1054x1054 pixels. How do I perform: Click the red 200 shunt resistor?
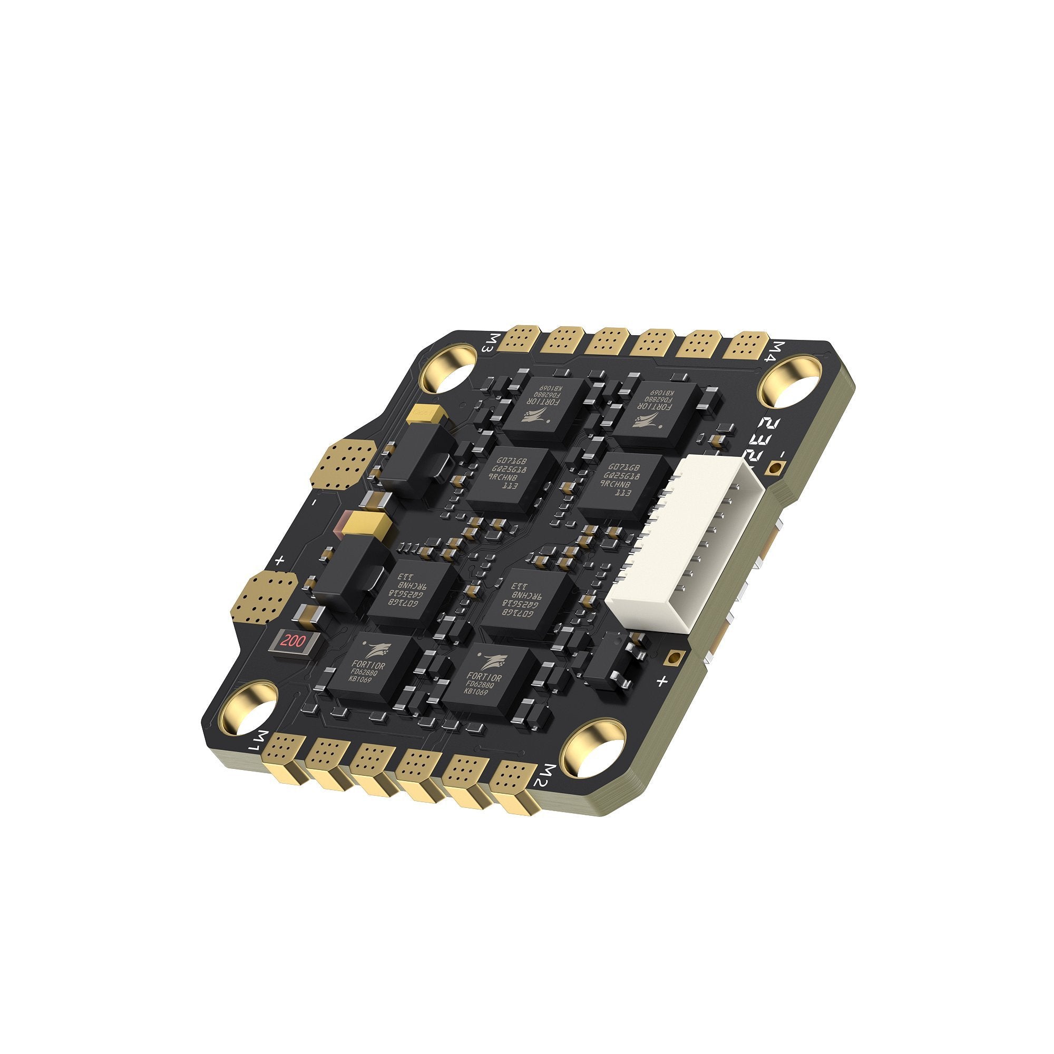(293, 641)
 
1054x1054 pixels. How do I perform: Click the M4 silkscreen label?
(776, 353)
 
